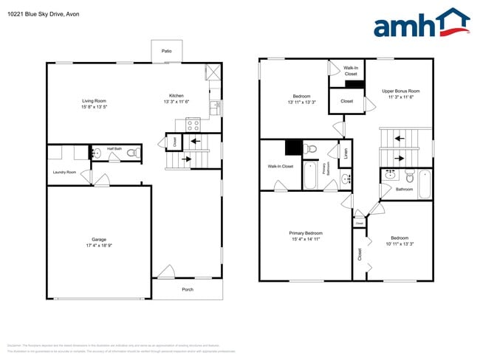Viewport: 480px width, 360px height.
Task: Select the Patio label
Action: pyautogui.click(x=167, y=51)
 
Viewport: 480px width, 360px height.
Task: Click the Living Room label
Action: pyautogui.click(x=94, y=100)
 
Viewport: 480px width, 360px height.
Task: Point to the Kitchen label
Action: pyautogui.click(x=176, y=96)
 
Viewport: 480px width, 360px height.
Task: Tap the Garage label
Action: pyautogui.click(x=99, y=239)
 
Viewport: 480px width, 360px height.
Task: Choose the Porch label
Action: pyautogui.click(x=188, y=289)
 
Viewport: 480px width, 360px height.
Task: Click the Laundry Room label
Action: pyautogui.click(x=64, y=172)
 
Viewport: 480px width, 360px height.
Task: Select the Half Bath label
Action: pyautogui.click(x=114, y=148)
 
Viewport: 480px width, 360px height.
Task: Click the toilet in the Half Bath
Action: pyautogui.click(x=132, y=153)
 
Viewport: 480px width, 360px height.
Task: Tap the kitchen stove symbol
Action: pyautogui.click(x=193, y=124)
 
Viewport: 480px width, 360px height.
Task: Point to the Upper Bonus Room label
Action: pyautogui.click(x=400, y=91)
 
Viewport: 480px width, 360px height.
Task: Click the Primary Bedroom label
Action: pyautogui.click(x=306, y=233)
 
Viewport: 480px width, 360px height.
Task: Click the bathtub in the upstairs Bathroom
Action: pyautogui.click(x=425, y=184)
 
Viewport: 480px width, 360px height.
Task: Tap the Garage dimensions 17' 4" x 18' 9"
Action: pyautogui.click(x=99, y=246)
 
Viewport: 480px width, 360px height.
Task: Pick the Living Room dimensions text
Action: pyautogui.click(x=94, y=107)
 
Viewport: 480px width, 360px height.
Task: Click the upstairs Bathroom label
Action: pyautogui.click(x=404, y=190)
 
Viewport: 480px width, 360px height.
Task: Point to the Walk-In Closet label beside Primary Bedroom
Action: pyautogui.click(x=281, y=166)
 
